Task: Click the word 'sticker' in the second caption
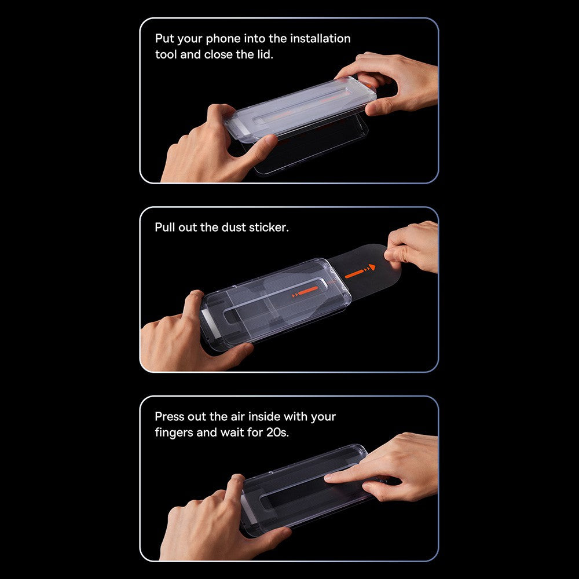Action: pos(269,228)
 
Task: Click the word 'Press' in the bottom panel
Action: pos(171,417)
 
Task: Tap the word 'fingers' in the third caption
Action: pos(174,433)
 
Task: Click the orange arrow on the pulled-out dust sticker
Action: pos(360,272)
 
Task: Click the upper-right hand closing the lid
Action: pos(400,81)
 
